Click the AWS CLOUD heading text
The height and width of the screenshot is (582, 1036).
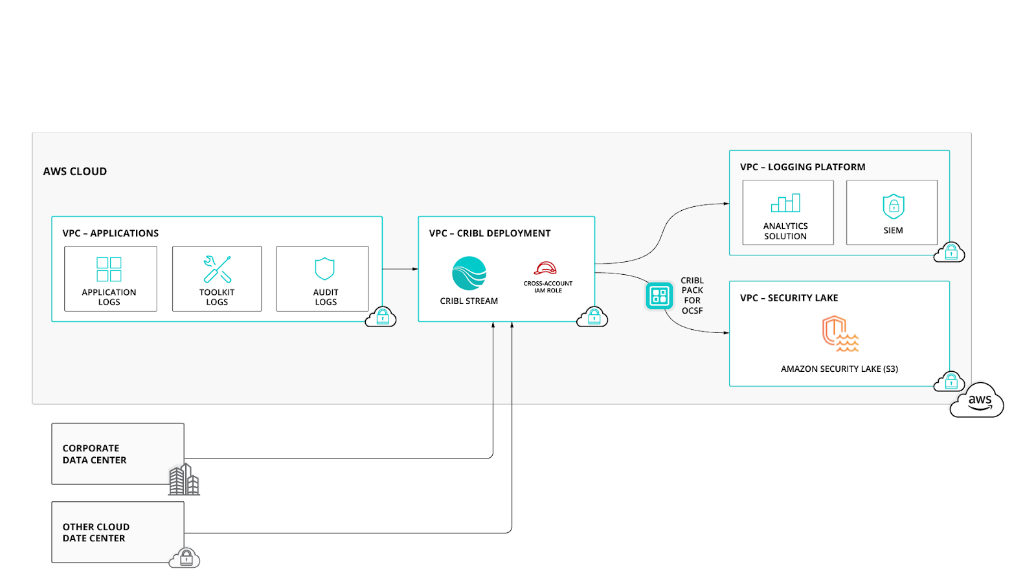coord(75,171)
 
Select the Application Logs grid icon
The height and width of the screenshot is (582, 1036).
coord(109,269)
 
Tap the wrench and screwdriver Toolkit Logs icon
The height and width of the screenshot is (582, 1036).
coord(217,269)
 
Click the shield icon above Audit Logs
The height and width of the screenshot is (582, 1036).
coord(324,268)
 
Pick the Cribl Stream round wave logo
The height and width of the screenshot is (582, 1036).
coord(469,274)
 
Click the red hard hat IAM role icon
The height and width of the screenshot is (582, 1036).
coord(545,268)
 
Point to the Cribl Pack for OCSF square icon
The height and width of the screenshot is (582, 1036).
coord(659,296)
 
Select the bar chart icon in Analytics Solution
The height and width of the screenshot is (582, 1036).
coord(785,203)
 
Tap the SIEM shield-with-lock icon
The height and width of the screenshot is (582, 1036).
coord(893,206)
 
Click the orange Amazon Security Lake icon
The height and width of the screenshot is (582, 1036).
coord(839,334)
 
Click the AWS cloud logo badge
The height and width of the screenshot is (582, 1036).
coord(978,402)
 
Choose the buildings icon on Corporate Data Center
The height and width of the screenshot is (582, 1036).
coord(184,480)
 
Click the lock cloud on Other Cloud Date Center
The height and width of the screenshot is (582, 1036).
coord(185,558)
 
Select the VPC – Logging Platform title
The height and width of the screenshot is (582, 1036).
coord(802,167)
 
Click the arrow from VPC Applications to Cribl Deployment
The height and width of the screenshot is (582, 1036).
coord(400,269)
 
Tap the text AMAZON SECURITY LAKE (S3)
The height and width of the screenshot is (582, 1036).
coord(839,369)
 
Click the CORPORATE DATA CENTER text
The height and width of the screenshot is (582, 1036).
coord(95,454)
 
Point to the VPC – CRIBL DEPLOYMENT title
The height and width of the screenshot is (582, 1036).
coord(490,233)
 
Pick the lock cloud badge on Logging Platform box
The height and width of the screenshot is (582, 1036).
coord(949,252)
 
